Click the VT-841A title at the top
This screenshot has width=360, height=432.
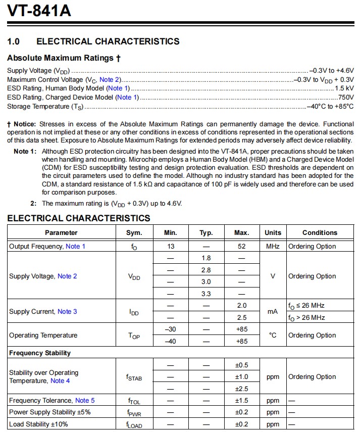(39, 11)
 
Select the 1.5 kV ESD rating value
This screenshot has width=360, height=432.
(344, 88)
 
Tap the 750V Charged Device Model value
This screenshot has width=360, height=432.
(346, 98)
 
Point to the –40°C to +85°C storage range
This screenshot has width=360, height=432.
(331, 107)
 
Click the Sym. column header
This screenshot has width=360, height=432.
(134, 233)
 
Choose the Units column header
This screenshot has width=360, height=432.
(273, 233)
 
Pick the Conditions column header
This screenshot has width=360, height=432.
(320, 233)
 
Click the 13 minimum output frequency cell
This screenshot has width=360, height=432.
(170, 246)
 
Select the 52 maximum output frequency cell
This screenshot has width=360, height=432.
(241, 246)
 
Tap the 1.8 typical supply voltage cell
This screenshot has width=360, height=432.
(206, 258)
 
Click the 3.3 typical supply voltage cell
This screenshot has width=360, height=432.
(206, 294)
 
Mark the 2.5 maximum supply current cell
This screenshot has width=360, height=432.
(241, 318)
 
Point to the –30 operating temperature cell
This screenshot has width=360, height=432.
(170, 329)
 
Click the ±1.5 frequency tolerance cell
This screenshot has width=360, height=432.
(241, 401)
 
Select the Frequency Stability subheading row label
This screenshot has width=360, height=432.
(40, 353)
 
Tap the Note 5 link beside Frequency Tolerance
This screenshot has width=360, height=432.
(85, 401)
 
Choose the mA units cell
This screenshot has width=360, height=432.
(273, 312)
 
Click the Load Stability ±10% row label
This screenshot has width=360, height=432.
(38, 424)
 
